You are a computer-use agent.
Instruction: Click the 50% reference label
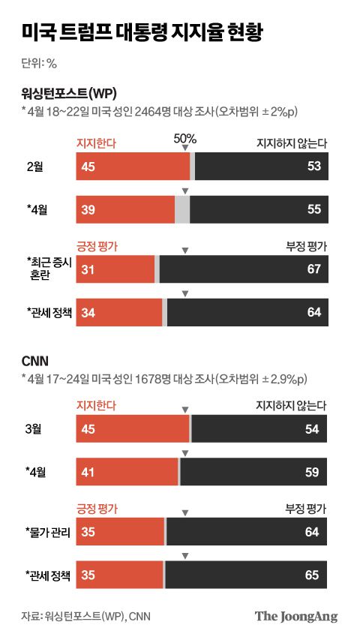click(184, 138)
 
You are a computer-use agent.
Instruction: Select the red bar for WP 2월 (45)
click(132, 166)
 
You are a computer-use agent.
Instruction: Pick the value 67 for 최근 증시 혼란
click(313, 269)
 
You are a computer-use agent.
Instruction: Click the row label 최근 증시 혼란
click(49, 269)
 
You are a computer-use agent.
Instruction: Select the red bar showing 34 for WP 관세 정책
click(118, 312)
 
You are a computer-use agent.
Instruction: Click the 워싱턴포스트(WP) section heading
click(69, 94)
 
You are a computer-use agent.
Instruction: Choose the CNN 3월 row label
click(34, 428)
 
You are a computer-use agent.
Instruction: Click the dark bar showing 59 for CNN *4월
click(253, 473)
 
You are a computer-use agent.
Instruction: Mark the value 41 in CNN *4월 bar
click(88, 473)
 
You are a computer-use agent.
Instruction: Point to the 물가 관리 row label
click(48, 533)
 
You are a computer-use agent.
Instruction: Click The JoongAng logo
click(296, 616)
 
